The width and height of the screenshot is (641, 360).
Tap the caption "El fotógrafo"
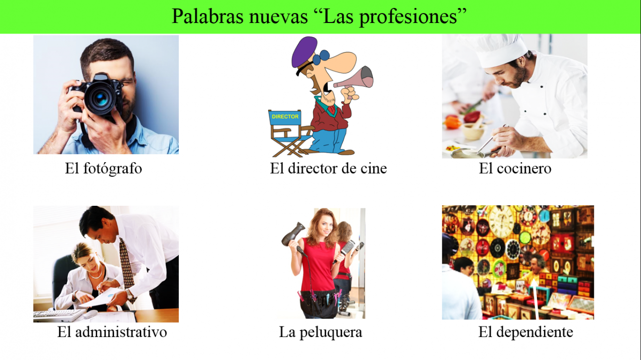[x=103, y=168]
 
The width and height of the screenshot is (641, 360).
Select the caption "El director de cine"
[x=328, y=168]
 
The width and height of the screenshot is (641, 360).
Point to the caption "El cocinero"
[x=515, y=168]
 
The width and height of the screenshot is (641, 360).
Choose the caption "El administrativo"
[x=112, y=332]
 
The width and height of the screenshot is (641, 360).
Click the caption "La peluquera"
[x=320, y=332]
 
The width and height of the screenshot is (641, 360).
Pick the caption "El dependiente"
[x=526, y=332]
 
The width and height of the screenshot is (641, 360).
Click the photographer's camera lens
[x=101, y=98]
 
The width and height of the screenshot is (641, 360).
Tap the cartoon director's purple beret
[x=304, y=51]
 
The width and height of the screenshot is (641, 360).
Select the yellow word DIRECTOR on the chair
[x=285, y=117]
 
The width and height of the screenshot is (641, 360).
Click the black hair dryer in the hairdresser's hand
[x=293, y=234]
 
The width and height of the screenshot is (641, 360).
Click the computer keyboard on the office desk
[x=59, y=315]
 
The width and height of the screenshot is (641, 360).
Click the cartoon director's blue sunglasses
[x=320, y=57]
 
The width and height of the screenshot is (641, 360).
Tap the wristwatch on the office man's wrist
[x=130, y=295]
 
